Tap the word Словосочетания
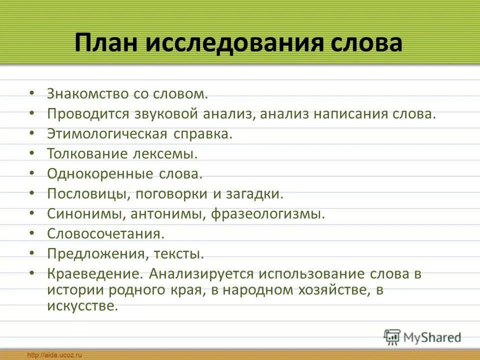[x=105, y=234]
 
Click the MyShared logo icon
[x=392, y=336]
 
